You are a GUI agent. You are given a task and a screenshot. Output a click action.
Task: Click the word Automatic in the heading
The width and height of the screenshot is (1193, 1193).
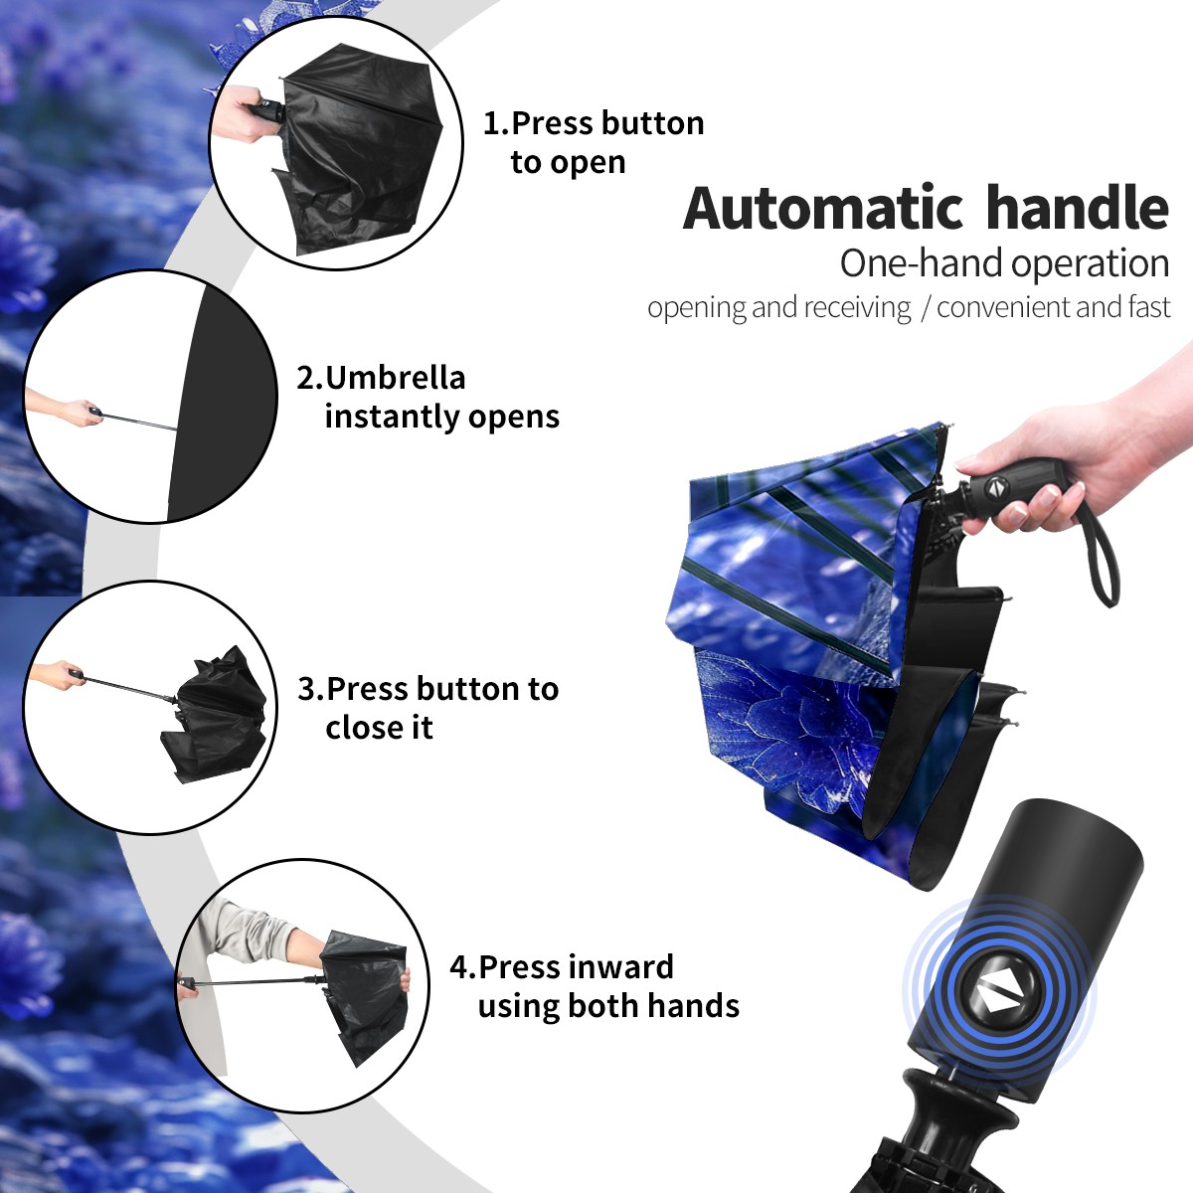click(x=823, y=209)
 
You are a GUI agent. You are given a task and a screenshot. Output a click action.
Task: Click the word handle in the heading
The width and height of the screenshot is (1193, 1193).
click(x=1078, y=208)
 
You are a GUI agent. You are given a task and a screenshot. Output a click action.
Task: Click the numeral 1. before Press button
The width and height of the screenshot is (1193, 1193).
click(x=496, y=123)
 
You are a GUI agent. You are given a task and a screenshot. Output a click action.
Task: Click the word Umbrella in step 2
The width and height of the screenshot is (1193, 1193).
click(x=396, y=378)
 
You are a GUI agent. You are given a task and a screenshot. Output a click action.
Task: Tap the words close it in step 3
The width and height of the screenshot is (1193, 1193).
click(x=379, y=728)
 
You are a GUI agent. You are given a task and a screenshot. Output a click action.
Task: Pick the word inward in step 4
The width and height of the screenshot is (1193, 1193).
click(x=621, y=967)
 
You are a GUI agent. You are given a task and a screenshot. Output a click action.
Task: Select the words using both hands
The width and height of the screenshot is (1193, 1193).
click(x=608, y=1007)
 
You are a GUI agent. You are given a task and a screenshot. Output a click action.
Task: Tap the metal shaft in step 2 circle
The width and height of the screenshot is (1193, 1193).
click(x=139, y=420)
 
